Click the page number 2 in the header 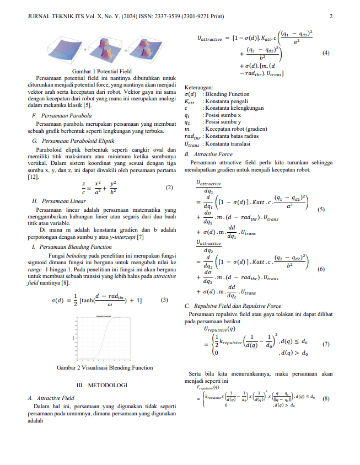click(331, 17)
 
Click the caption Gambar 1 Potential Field click(103, 72)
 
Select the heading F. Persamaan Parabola click(62, 116)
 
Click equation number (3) click(164, 300)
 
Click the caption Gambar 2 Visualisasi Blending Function click(105, 367)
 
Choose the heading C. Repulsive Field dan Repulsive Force click(233, 306)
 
